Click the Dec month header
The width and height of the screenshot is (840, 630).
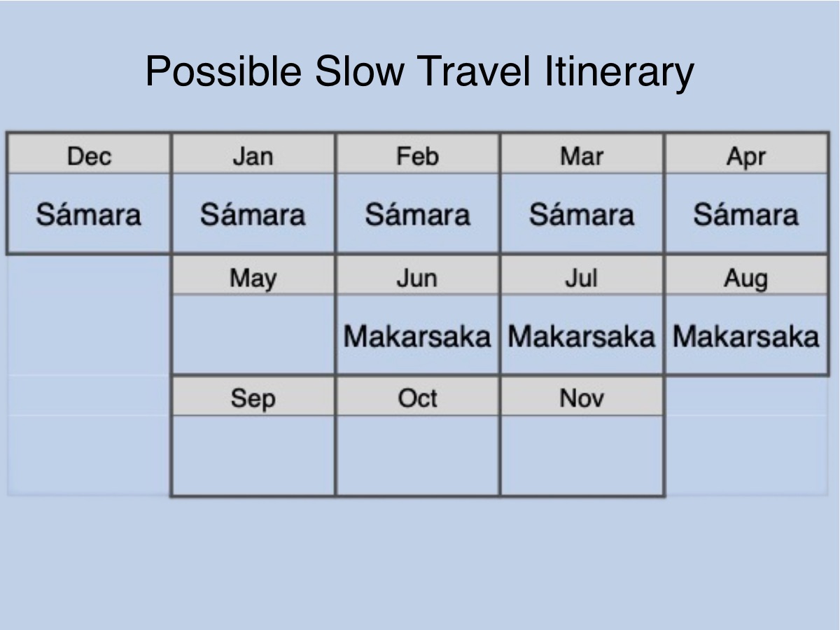pos(89,156)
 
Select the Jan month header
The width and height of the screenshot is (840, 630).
pos(253,156)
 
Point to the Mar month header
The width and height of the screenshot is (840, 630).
pos(582,156)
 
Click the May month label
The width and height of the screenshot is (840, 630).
pos(253,279)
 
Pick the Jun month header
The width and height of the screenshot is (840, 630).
pos(417,278)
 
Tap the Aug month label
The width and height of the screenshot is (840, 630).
pos(746,279)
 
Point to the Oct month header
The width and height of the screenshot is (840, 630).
pos(417,398)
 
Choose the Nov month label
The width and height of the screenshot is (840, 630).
pos(582,398)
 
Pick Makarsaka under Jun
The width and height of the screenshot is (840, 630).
pos(417,337)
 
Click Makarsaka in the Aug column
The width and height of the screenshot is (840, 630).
pos(746,337)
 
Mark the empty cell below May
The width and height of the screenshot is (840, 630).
pos(253,335)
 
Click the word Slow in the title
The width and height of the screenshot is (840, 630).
pos(360,71)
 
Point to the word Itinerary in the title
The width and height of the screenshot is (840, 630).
pos(619,73)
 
